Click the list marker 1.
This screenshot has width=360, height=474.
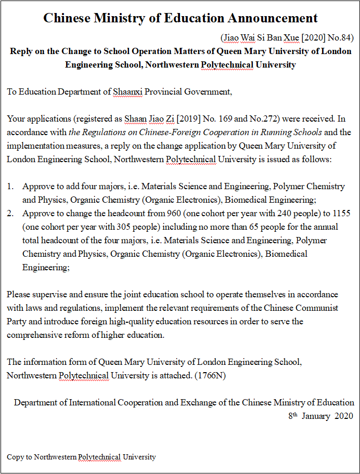(10, 186)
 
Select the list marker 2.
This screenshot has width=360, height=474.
(10, 213)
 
